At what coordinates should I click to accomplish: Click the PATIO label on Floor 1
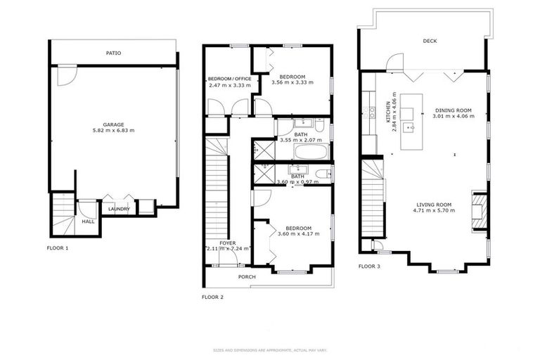pos(113,53)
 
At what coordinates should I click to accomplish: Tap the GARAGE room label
pos(113,124)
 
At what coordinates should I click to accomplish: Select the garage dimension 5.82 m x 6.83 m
pos(113,131)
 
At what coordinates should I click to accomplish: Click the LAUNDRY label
pos(119,209)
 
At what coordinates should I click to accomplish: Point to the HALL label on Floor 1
pos(88,221)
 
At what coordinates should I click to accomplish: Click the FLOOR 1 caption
pos(58,248)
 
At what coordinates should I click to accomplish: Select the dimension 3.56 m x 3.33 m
pos(292,83)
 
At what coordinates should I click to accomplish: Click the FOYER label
pos(227,243)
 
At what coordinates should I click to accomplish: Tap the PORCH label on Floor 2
pos(247,276)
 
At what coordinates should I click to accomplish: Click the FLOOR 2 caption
pos(212,297)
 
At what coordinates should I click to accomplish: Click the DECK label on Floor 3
pos(430,41)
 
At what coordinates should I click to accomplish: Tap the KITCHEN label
pos(387,113)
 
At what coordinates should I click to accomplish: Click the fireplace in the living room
pos(477,212)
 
